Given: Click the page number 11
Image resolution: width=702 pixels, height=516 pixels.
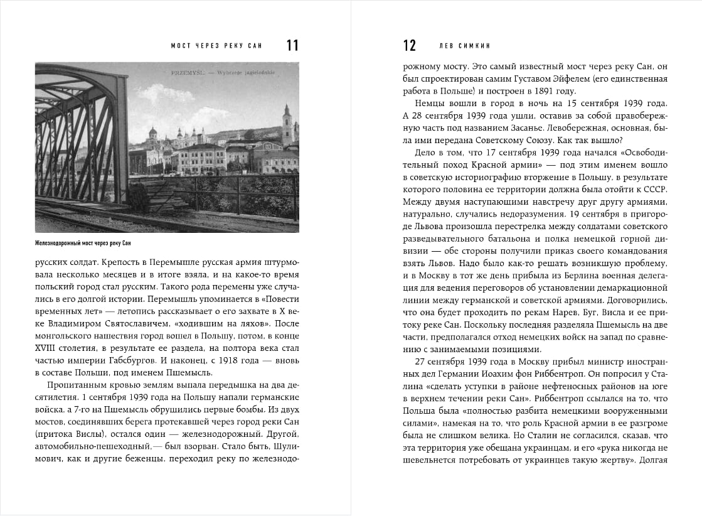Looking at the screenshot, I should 292,45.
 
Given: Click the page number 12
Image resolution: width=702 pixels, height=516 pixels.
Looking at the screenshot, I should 409,45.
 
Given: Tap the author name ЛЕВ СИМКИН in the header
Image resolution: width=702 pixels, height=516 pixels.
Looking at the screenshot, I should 464,46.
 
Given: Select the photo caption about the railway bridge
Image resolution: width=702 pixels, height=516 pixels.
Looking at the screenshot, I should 84,243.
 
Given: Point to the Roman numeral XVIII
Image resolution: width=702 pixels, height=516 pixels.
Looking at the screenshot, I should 45,348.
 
